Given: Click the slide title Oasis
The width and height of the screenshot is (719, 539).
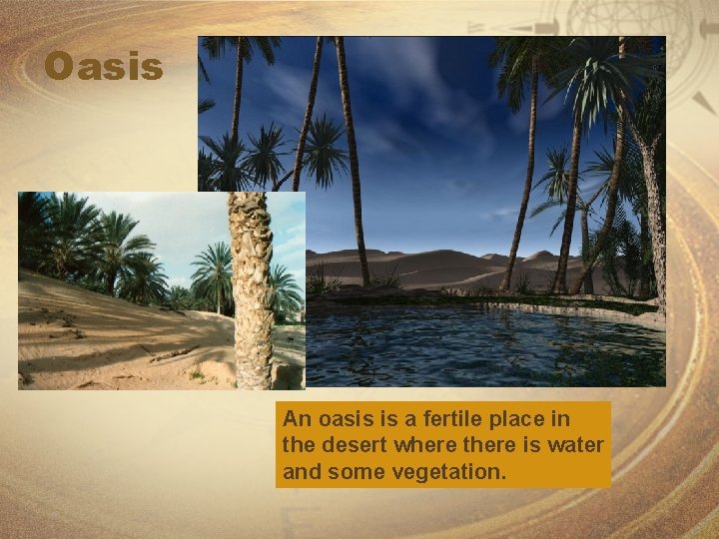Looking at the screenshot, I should [x=104, y=67].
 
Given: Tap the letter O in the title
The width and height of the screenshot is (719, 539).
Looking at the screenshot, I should [x=59, y=67].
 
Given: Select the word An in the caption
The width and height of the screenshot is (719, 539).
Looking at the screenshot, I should [x=296, y=419].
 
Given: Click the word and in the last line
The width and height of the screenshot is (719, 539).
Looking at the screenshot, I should [x=300, y=470].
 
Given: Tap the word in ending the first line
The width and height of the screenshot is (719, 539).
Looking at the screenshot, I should [x=589, y=419].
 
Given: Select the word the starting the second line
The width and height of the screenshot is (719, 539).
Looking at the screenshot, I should [x=298, y=444].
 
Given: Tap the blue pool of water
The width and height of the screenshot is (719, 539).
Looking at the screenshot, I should [x=479, y=344].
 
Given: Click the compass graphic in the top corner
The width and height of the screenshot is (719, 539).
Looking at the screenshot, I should [x=659, y=40].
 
